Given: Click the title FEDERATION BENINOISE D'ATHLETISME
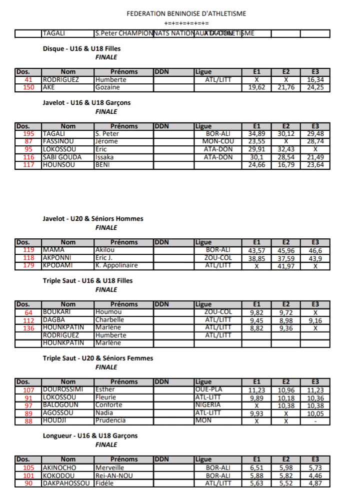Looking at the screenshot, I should point(186,14).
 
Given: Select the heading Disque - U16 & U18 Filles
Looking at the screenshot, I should point(81,48).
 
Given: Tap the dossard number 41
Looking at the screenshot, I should point(28,80).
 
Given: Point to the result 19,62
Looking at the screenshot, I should point(256,87).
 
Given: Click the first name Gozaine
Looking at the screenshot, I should point(107,87).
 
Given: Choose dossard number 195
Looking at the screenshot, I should point(28,134).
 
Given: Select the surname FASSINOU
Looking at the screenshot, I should point(59,141).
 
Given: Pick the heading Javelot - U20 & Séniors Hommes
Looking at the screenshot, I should point(93,219).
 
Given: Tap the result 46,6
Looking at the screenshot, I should point(315,250).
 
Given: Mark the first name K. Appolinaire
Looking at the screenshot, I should point(116,266).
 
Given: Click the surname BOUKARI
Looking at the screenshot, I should point(57,312).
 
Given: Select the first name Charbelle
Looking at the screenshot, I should point(109,320).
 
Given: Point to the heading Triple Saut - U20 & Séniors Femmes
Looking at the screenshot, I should point(98,358).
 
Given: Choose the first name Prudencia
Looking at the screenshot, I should point(110,421).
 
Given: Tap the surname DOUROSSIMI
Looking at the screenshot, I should point(62,390).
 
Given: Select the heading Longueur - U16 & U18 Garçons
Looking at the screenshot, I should point(90,436).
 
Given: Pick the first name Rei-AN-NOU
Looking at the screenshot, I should point(114,476).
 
